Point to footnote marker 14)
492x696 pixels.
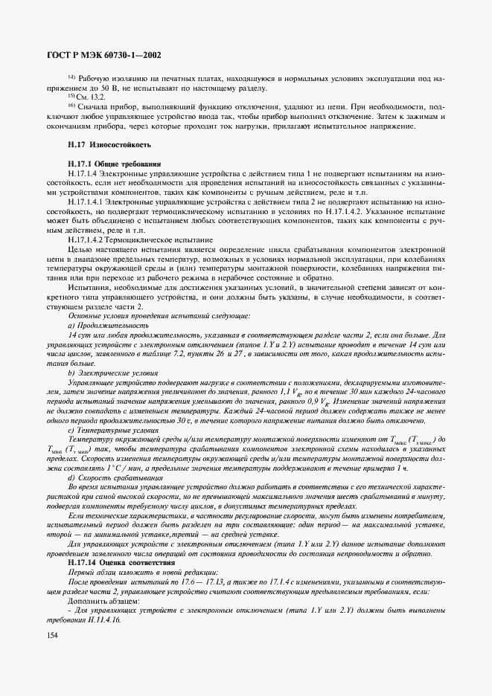(71, 77)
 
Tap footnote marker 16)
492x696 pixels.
(71, 106)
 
